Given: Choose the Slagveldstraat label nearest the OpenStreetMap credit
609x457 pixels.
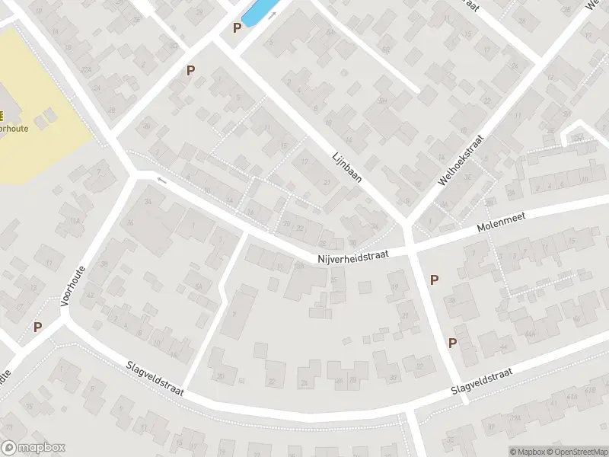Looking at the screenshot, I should click(481, 381).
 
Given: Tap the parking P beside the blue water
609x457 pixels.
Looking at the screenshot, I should click(237, 27).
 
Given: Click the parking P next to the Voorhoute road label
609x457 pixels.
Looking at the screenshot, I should click(37, 327).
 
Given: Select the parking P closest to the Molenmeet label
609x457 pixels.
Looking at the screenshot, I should click(434, 280).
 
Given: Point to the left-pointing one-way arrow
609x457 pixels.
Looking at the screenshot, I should click(161, 180).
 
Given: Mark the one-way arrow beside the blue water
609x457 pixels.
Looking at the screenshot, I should click(272, 14).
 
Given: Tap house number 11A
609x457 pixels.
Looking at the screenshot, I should click(75, 220).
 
